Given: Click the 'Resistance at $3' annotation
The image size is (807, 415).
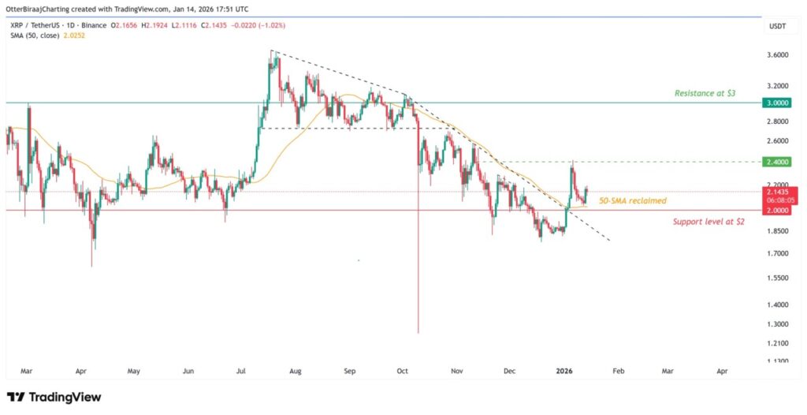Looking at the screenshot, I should pyautogui.click(x=706, y=93).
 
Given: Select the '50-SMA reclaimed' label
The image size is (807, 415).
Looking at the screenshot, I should pyautogui.click(x=632, y=201).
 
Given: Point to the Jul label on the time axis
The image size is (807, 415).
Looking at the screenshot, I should pyautogui.click(x=241, y=369).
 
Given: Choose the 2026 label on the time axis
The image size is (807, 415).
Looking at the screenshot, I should pyautogui.click(x=563, y=369).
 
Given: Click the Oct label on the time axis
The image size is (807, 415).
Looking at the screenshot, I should pyautogui.click(x=402, y=369).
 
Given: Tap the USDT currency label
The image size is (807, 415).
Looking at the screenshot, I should pyautogui.click(x=777, y=28).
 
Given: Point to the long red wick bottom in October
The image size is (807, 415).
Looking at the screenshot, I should pyautogui.click(x=417, y=332).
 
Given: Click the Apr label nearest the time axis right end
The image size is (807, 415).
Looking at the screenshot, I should pyautogui.click(x=722, y=369).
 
